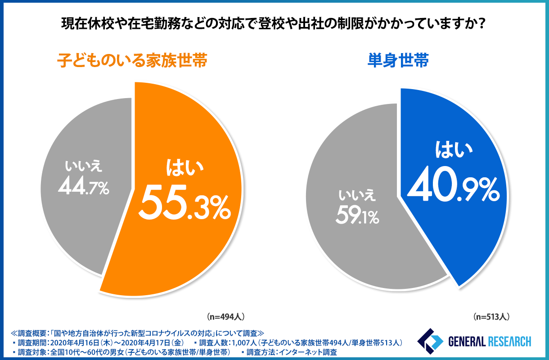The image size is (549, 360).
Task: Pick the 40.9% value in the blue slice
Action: pyautogui.click(x=453, y=186)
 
